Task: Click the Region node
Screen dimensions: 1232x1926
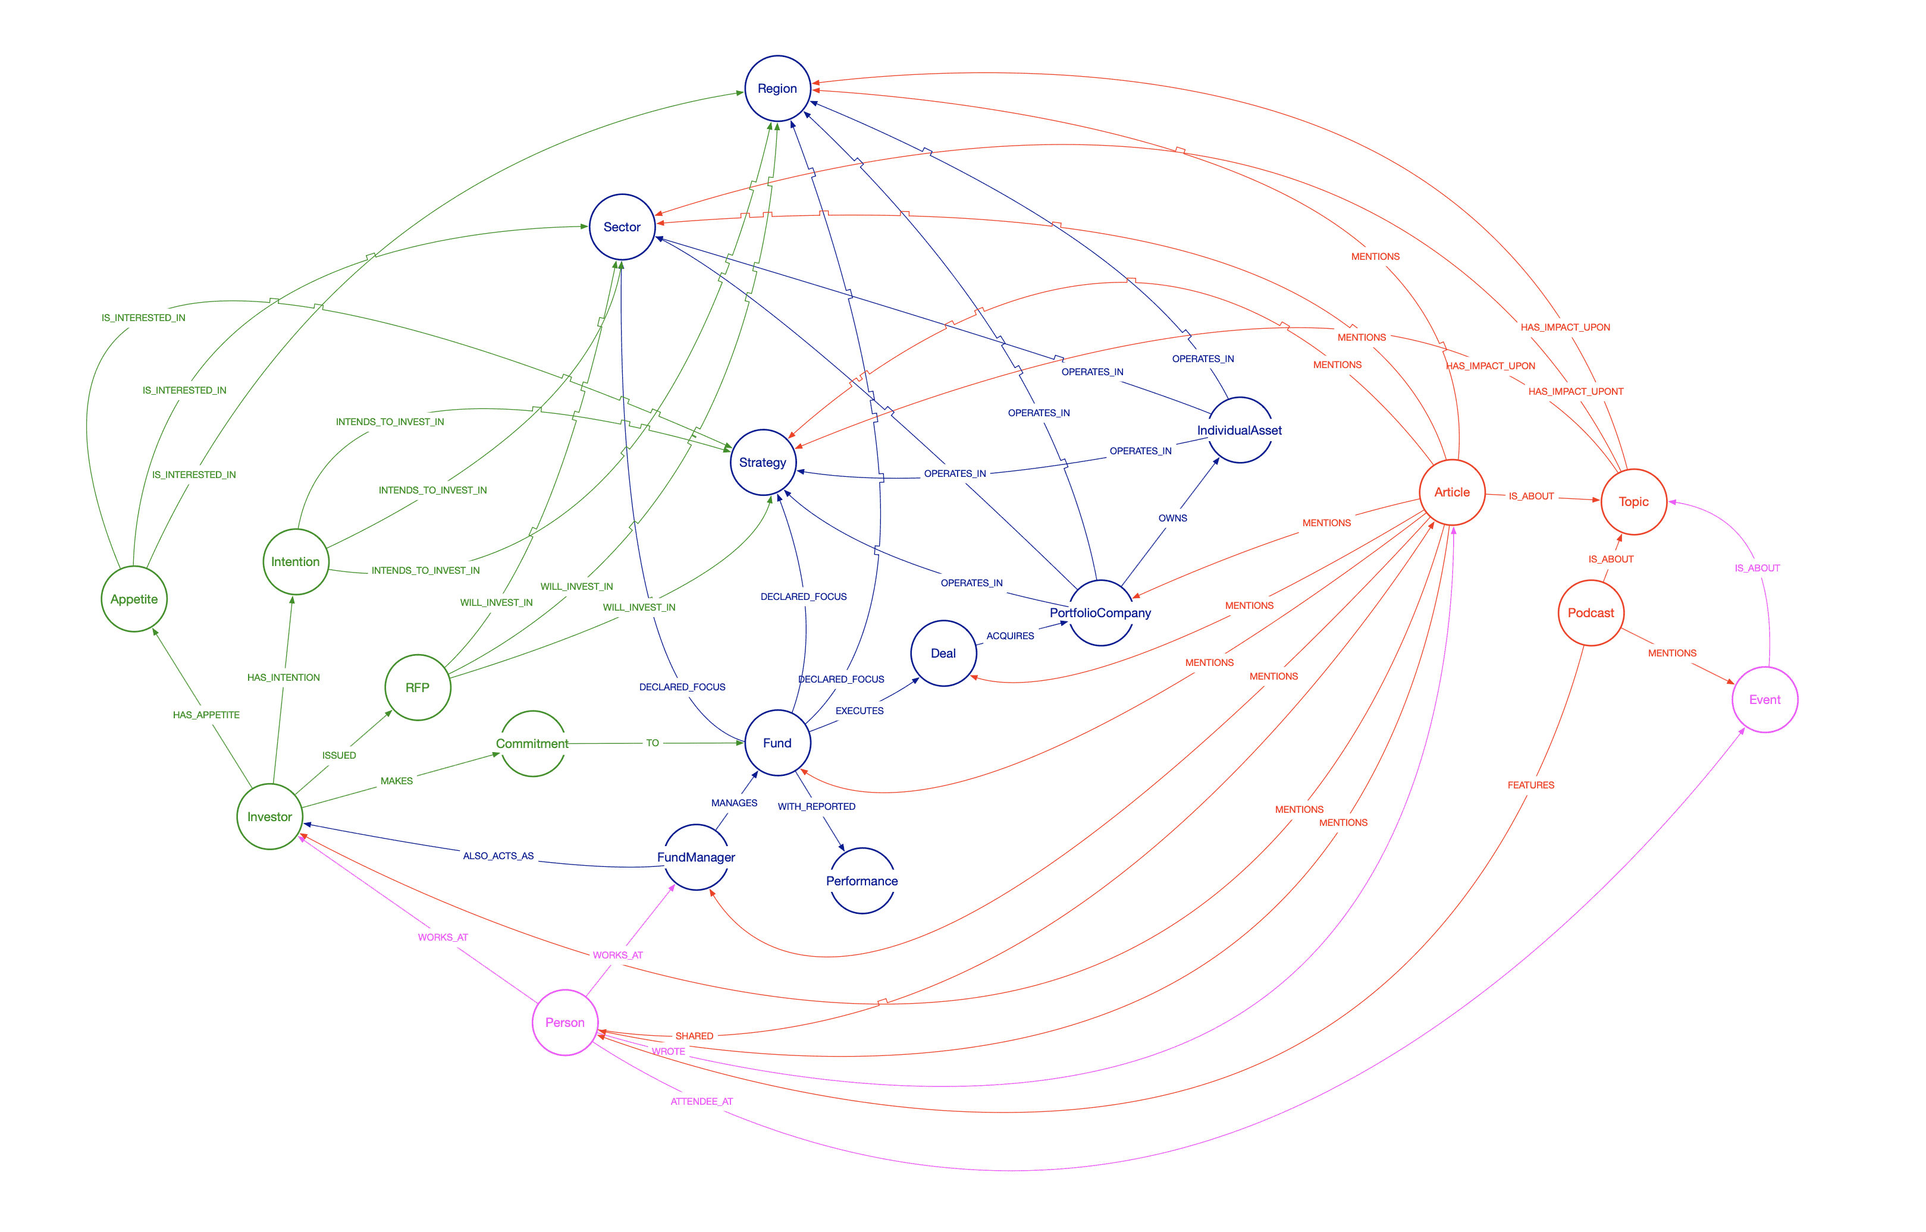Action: point(777,89)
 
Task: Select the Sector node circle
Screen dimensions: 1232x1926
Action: point(622,227)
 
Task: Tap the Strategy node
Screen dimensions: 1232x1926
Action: point(763,463)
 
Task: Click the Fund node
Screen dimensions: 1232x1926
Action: point(777,743)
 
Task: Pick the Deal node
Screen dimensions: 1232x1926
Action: point(943,653)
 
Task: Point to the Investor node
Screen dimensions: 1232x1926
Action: point(269,817)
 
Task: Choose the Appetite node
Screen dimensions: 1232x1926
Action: point(134,599)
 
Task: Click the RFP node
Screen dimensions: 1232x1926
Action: point(418,688)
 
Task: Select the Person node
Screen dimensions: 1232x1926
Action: point(565,1022)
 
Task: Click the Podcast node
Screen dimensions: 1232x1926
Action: point(1591,613)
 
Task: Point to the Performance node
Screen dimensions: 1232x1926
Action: point(862,881)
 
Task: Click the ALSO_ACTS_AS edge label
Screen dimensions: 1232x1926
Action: point(498,856)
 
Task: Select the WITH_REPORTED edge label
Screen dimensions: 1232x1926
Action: point(816,806)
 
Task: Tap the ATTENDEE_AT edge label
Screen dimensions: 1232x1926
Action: point(702,1102)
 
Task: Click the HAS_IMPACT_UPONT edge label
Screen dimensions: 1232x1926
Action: point(1576,392)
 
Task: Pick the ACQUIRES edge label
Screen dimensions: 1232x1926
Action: point(1010,636)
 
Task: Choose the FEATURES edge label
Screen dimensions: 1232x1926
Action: point(1530,785)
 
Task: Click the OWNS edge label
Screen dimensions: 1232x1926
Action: point(1172,518)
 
